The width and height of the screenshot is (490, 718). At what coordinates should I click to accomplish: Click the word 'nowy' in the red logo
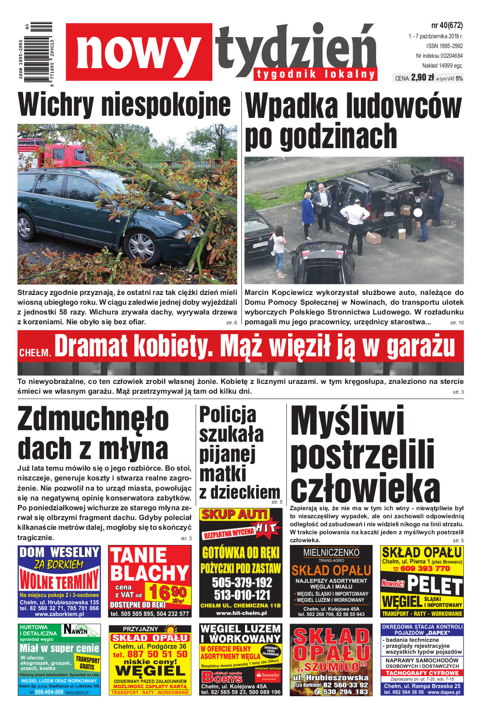[x=138, y=52]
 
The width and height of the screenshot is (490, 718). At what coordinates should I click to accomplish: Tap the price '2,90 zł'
[x=422, y=77]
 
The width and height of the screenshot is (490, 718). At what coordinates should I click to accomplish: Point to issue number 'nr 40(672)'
[x=446, y=25]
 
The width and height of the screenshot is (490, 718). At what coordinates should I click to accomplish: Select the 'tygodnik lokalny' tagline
[x=316, y=74]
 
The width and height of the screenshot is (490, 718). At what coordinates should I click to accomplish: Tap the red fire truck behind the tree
[x=53, y=151]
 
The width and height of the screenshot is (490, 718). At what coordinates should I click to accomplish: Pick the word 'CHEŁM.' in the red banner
[x=35, y=352]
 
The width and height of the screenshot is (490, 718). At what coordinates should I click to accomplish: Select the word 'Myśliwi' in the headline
[x=347, y=421]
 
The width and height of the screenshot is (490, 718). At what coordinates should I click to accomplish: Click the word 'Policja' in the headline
[x=228, y=415]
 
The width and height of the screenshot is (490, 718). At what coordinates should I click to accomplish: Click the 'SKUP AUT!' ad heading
[x=234, y=515]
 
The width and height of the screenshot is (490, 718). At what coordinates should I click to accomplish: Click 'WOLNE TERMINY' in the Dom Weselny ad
[x=59, y=581]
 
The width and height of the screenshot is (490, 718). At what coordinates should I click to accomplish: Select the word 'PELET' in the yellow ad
[x=435, y=585]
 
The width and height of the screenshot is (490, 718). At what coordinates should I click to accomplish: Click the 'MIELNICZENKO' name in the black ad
[x=331, y=552]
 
